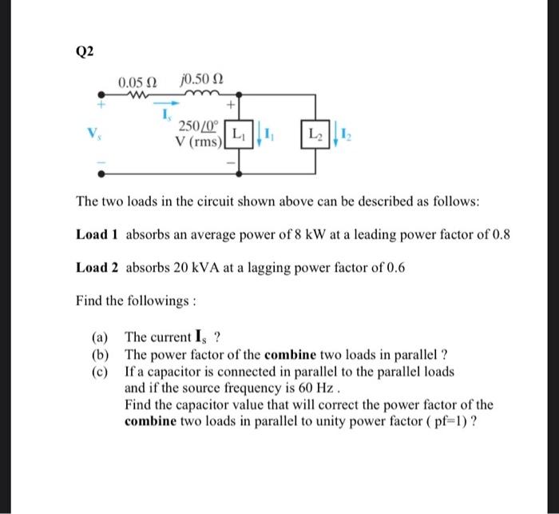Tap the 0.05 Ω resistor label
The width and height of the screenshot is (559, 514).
[137, 83]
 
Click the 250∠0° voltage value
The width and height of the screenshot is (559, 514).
[196, 126]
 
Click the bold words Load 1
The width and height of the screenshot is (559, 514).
[97, 234]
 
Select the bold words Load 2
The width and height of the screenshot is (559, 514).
[97, 268]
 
